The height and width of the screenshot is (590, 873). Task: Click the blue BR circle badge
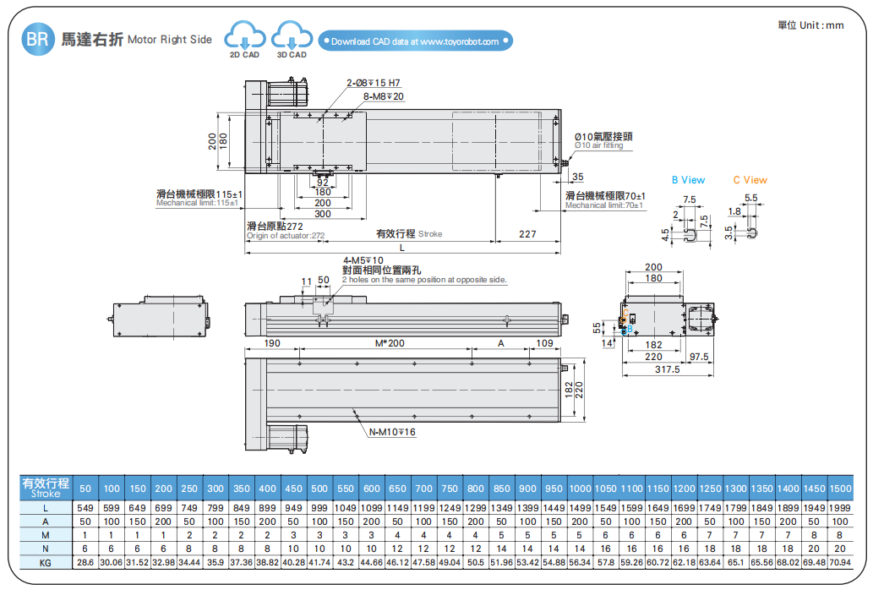(x=36, y=39)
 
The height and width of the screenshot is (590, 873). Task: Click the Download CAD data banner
(x=415, y=41)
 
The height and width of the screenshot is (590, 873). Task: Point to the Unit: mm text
(x=810, y=25)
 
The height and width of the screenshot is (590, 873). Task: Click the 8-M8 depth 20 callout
(x=384, y=96)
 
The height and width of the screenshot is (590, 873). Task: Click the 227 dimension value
(x=527, y=234)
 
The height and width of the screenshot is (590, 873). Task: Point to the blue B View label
(x=688, y=180)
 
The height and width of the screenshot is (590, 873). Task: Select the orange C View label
(x=750, y=180)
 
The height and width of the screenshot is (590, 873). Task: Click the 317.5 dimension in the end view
(x=668, y=369)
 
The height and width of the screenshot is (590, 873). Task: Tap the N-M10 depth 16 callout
(x=392, y=432)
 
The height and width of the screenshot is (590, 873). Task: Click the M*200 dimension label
(x=389, y=344)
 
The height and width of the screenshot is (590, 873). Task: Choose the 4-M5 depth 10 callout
(x=363, y=260)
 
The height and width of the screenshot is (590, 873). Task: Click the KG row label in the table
(x=46, y=562)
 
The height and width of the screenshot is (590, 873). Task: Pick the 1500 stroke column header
(x=839, y=489)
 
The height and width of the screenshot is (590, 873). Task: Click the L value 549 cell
(x=85, y=508)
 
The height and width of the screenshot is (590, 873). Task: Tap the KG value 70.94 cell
(x=839, y=562)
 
